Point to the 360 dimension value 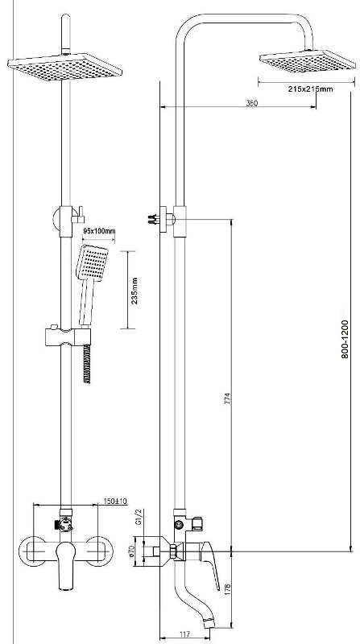point(252,103)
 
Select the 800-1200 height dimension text point(345,339)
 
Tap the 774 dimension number point(228,400)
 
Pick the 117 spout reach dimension point(184,634)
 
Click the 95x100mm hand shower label point(98,231)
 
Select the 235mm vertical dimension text point(134,291)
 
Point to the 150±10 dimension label point(115,502)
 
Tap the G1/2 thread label point(139,516)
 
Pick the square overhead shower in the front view point(65,67)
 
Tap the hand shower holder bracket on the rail point(68,336)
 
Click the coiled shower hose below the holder point(87,364)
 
